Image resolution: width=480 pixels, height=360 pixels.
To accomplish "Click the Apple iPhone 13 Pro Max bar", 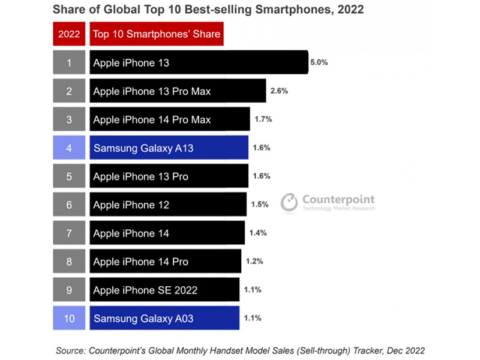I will click(x=178, y=91).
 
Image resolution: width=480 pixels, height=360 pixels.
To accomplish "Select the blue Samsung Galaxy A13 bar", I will click(x=169, y=148).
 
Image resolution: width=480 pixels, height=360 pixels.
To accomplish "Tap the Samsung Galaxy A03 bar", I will click(x=164, y=318).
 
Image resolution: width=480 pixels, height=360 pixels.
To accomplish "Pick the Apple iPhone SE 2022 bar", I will click(x=164, y=290).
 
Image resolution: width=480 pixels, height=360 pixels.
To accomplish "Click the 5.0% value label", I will click(x=319, y=62).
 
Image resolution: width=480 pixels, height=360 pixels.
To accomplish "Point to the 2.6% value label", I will click(x=280, y=91).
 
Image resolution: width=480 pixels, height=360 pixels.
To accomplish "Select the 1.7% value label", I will click(x=263, y=119).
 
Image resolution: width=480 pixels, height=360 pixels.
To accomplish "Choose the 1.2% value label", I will click(x=255, y=262).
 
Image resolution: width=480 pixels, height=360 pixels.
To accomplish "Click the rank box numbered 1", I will click(x=69, y=62).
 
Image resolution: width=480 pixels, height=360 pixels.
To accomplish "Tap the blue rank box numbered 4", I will click(x=69, y=148).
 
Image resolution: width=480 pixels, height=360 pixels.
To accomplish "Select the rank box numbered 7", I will click(x=69, y=233).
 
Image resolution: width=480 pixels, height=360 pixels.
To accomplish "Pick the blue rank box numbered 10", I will click(x=69, y=318).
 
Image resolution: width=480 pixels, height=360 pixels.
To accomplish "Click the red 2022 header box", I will click(x=69, y=34).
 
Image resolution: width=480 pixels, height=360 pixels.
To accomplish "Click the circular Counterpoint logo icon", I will click(x=289, y=203).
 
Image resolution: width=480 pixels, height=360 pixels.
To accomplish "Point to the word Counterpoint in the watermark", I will click(x=338, y=200).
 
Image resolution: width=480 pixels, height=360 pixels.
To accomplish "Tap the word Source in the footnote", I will click(x=69, y=349).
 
